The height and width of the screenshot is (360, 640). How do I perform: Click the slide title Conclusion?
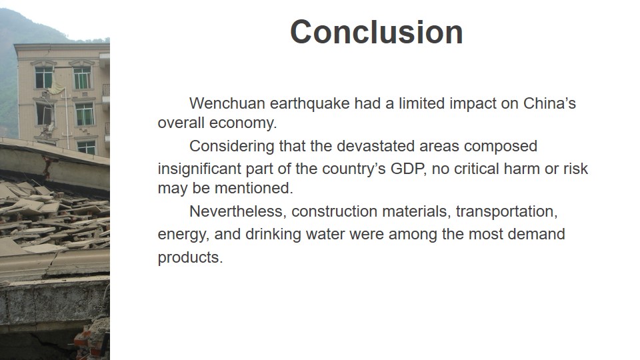click(376, 32)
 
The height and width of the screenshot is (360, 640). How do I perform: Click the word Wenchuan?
click(227, 103)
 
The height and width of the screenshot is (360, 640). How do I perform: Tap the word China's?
click(549, 103)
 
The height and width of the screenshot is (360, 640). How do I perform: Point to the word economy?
click(243, 123)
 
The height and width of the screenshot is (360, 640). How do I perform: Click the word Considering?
click(232, 147)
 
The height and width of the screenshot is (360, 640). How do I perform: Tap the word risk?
click(575, 169)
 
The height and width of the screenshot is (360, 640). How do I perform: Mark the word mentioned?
click(254, 188)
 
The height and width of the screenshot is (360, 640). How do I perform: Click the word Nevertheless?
click(238, 211)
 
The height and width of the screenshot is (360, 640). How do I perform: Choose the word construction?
click(334, 211)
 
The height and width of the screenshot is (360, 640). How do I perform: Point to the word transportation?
click(507, 211)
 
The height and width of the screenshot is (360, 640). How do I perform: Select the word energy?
click(184, 235)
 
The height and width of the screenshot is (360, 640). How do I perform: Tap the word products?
click(190, 258)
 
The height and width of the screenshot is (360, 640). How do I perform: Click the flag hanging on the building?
click(56, 88)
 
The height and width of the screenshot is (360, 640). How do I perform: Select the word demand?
click(536, 234)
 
